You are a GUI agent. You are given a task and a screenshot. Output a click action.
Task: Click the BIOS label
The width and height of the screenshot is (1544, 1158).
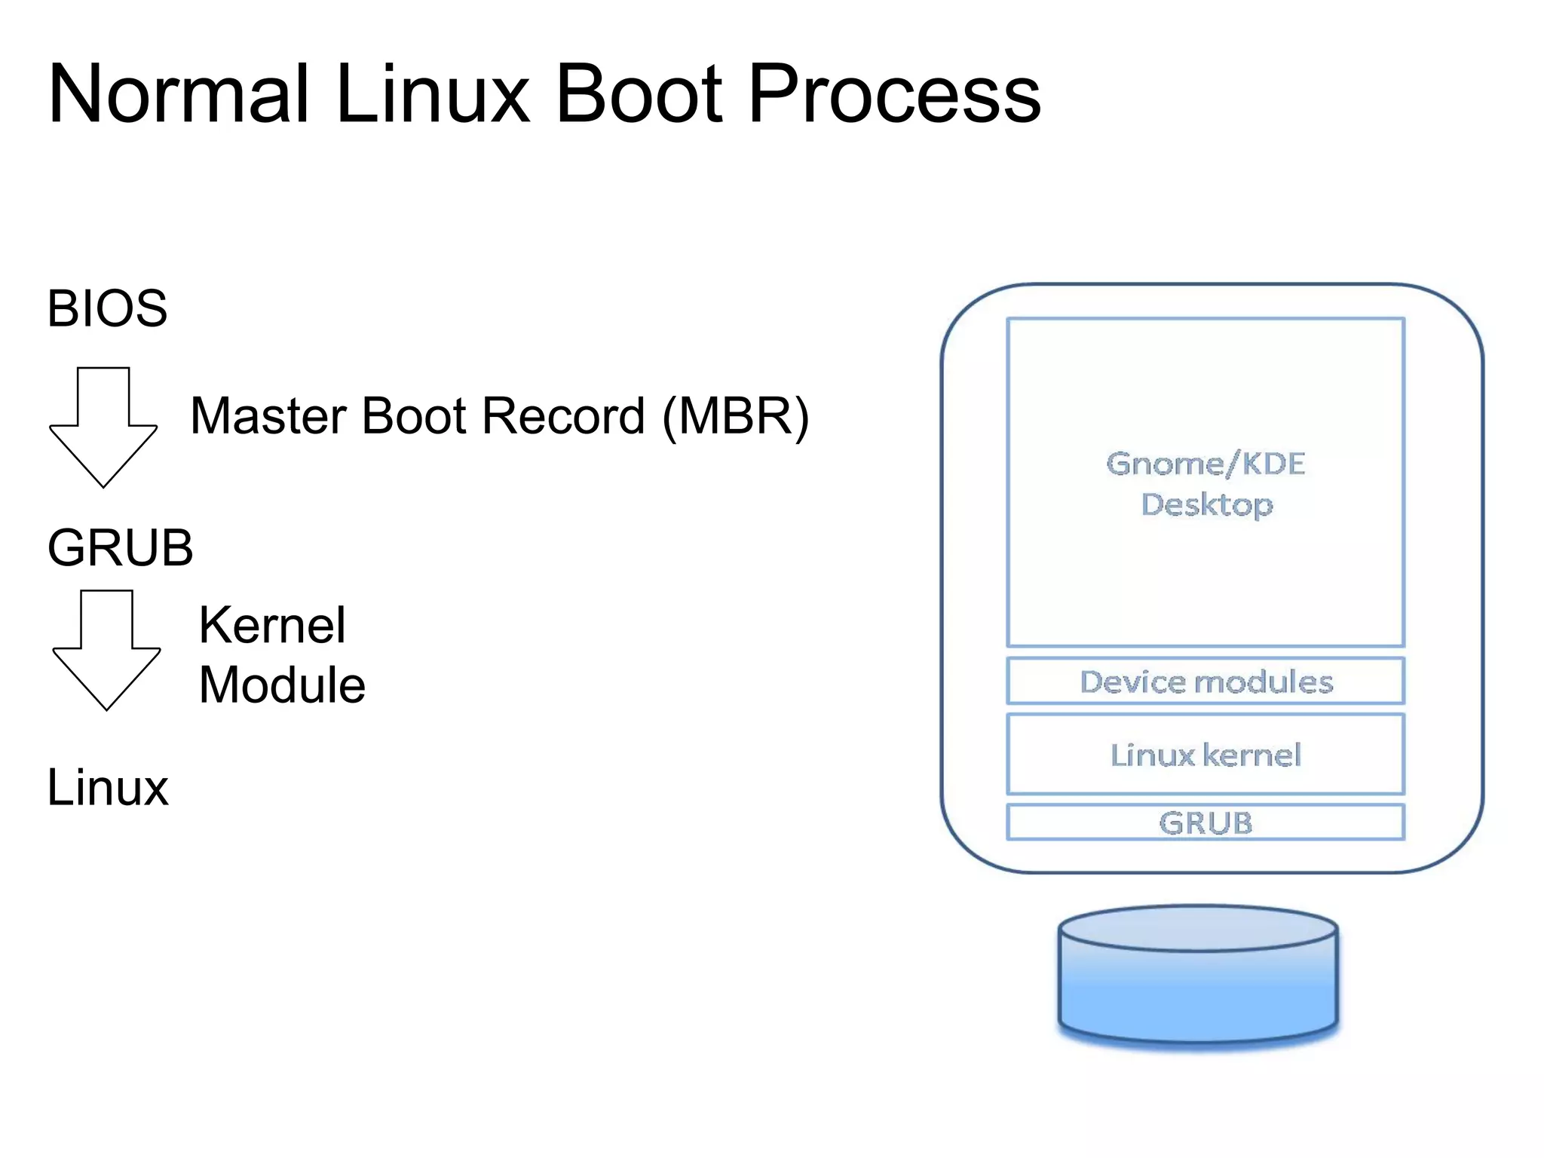107,308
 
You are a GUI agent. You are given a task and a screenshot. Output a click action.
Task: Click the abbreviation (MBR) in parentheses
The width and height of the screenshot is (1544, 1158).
735,416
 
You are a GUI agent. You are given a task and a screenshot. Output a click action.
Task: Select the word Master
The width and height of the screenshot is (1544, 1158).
270,416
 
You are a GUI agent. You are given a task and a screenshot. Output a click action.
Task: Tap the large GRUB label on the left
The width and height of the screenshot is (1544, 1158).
120,547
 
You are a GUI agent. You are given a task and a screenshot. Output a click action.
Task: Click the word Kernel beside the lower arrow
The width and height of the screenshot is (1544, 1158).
271,625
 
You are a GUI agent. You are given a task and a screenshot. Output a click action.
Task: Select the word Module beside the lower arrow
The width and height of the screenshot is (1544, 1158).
281,685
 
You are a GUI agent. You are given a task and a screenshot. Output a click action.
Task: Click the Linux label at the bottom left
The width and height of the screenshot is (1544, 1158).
107,787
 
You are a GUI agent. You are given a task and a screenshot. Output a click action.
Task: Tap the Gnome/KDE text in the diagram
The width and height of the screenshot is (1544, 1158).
1205,464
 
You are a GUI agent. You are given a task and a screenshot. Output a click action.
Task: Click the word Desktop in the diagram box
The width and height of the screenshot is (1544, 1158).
1206,504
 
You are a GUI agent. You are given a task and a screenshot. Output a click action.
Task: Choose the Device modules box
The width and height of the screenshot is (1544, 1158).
1205,682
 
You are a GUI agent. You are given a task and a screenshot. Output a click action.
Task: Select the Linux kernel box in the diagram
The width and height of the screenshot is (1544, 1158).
1205,755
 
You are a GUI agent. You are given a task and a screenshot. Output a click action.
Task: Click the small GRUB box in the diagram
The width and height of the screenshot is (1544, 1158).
1205,823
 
